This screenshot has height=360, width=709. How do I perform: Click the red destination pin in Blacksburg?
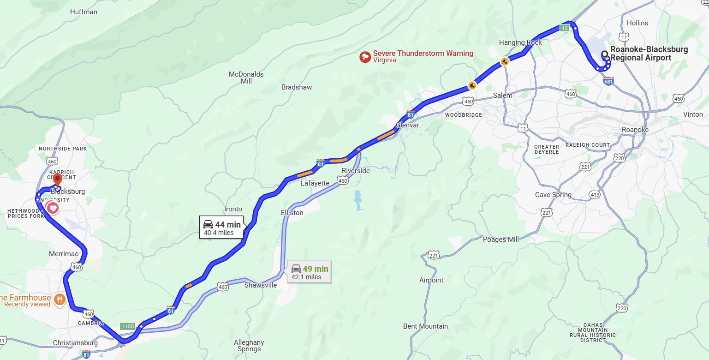point(58,179)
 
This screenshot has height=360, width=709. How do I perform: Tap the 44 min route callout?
point(222,228)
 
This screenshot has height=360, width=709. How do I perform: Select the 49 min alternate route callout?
point(310,272)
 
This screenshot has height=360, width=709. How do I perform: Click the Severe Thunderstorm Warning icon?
point(365,57)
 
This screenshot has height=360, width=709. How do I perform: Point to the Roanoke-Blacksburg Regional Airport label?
point(649,54)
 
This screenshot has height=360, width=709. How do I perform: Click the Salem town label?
point(502,96)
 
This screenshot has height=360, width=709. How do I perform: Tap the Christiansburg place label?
point(75,343)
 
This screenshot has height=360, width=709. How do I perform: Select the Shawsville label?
point(261,285)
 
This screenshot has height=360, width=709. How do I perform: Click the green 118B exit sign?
point(127,326)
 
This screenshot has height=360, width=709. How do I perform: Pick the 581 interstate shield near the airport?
point(608,82)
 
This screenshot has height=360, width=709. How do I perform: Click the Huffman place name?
point(83,12)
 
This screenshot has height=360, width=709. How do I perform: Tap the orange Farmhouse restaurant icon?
point(59,300)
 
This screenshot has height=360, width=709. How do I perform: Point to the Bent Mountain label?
point(425,326)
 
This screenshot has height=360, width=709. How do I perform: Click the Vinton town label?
point(693,114)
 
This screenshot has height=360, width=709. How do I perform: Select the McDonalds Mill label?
point(246,78)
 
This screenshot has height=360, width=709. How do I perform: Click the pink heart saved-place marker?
point(53,208)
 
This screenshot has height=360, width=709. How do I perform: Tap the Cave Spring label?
point(553,195)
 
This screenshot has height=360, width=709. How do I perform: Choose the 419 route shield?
point(595,195)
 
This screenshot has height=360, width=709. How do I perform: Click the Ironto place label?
point(233,209)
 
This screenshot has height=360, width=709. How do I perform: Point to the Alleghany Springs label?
point(249,346)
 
